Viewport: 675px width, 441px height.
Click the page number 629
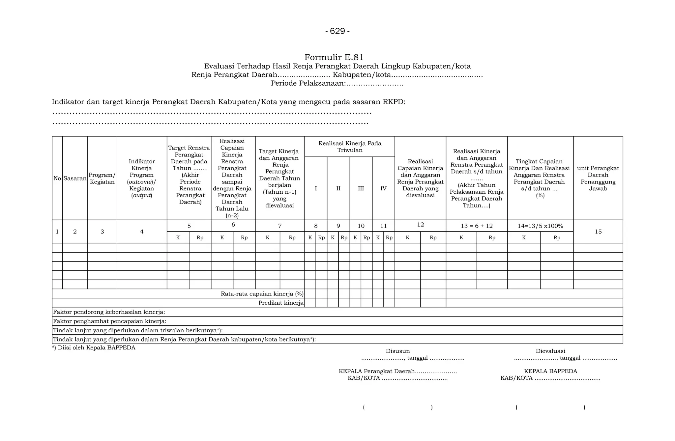pyautogui.click(x=337, y=31)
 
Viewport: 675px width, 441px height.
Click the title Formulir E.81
pyautogui.click(x=334, y=57)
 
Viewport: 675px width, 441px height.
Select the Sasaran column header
pyautogui.click(x=75, y=179)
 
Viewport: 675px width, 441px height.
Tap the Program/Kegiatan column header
pyautogui.click(x=102, y=179)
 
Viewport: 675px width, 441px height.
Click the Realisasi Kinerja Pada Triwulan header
pyautogui.click(x=350, y=147)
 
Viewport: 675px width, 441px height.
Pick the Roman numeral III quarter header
pyautogui.click(x=361, y=189)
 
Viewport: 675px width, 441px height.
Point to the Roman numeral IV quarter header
pyautogui.click(x=383, y=189)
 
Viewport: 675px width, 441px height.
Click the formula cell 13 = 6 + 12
pyautogui.click(x=477, y=226)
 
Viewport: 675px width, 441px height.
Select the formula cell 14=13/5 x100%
pyautogui.click(x=540, y=226)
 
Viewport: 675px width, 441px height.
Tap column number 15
pyautogui.click(x=598, y=232)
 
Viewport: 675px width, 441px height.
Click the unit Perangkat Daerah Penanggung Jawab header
pyautogui.click(x=598, y=178)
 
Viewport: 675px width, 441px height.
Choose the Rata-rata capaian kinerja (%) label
pyautogui.click(x=262, y=294)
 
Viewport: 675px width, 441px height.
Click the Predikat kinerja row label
pyautogui.click(x=281, y=303)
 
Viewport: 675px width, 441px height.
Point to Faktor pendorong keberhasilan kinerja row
pyautogui.click(x=109, y=312)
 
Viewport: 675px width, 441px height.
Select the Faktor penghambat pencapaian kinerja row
pyautogui.click(x=110, y=321)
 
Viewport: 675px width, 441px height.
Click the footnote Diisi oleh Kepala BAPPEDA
pyautogui.click(x=94, y=348)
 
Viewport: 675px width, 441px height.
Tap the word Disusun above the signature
pyautogui.click(x=398, y=351)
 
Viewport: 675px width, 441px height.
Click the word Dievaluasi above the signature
pyautogui.click(x=550, y=351)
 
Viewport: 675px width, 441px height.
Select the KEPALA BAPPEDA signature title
pyautogui.click(x=550, y=371)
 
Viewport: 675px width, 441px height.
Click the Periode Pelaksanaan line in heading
pyautogui.click(x=337, y=84)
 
